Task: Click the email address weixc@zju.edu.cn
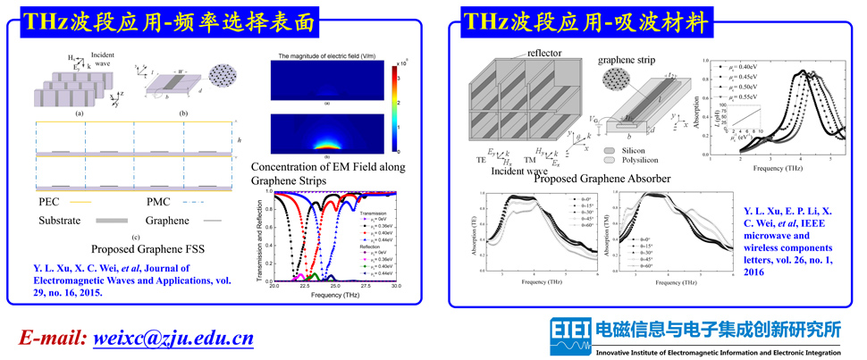[170, 338]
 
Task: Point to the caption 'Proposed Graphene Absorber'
[602, 179]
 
